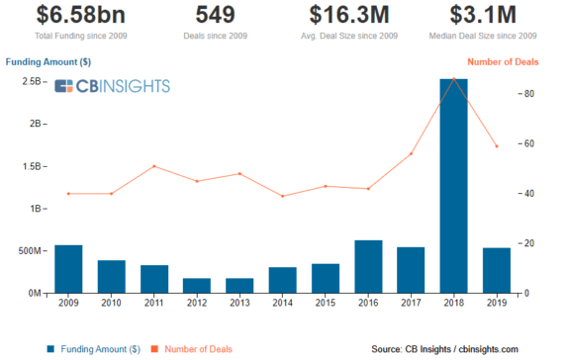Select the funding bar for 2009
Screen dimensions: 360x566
[68, 269]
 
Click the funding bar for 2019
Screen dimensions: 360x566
[497, 270]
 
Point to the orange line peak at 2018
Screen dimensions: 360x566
[453, 78]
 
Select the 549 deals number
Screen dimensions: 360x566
[215, 15]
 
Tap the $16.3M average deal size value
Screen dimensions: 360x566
[348, 15]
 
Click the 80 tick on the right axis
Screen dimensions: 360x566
[529, 94]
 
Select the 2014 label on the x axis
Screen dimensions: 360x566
[282, 305]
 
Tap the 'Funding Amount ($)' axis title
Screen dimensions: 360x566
[48, 62]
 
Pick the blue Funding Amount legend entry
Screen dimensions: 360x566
[95, 349]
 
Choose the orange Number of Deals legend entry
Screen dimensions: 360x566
[196, 349]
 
